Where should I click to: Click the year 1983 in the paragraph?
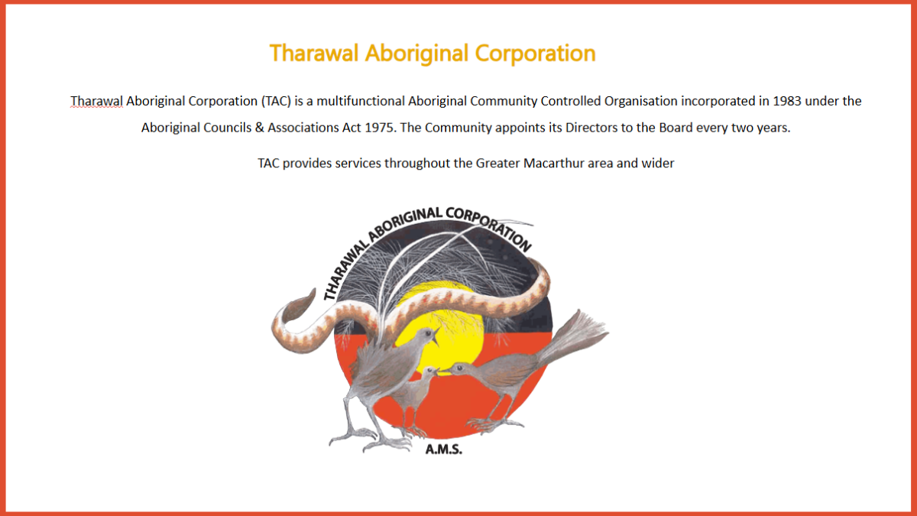click(787, 101)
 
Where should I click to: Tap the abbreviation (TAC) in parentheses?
click(276, 101)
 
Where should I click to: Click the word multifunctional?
click(360, 101)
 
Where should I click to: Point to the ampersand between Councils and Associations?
click(260, 128)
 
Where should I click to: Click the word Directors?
click(591, 128)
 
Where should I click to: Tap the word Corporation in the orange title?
click(535, 54)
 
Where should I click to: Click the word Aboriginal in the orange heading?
click(416, 54)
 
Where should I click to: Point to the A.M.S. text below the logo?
click(444, 449)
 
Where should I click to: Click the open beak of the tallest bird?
click(435, 335)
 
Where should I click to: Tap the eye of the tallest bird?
click(427, 333)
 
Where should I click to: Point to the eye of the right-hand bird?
click(460, 368)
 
